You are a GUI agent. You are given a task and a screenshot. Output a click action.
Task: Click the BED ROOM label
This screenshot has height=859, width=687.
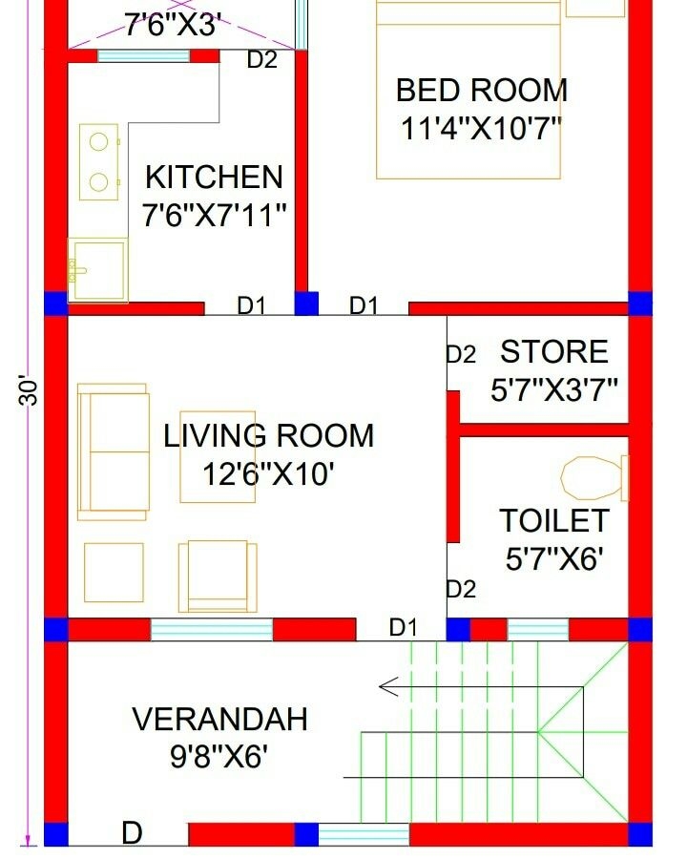pos(481,91)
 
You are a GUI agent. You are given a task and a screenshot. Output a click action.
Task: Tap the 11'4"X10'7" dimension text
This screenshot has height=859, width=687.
pos(481,129)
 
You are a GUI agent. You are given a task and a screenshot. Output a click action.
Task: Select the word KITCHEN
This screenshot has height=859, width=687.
pos(214,178)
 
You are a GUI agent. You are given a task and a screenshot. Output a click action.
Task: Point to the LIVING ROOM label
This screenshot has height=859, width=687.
pos(268,436)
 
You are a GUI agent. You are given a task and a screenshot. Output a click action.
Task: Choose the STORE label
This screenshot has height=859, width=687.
pos(554,352)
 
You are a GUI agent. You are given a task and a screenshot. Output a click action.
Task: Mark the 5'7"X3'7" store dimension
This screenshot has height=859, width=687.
pos(554,389)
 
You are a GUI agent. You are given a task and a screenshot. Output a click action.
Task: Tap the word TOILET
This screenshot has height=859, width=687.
pos(554,521)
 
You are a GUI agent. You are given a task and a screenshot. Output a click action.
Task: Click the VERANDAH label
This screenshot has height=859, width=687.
pos(219,719)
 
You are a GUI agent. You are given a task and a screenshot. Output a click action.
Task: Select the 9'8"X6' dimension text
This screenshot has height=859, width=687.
pos(219,757)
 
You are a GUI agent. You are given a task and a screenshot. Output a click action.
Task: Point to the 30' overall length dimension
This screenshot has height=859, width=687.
pos(31,391)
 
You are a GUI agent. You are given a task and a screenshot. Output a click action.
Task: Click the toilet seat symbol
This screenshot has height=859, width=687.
pos(593,477)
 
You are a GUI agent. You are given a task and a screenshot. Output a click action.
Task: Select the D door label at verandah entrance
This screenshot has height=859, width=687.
pos(132,834)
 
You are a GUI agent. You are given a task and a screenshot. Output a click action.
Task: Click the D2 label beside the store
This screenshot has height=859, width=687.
pos(461,354)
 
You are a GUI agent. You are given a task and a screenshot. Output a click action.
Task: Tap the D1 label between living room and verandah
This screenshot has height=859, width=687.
pos(403,627)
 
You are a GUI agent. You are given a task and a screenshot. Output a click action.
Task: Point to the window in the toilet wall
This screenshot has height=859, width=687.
pos(537,630)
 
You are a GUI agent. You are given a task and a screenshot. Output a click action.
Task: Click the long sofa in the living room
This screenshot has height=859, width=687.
pos(113,451)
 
